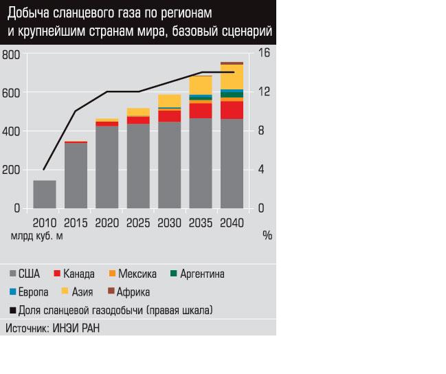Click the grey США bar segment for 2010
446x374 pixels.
[45, 194]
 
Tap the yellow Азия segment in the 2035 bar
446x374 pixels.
[201, 85]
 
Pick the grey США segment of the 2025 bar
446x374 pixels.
[138, 166]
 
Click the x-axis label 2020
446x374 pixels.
[107, 223]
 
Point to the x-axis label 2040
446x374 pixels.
[232, 223]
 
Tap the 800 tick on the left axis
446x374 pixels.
[11, 54]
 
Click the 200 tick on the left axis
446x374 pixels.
[11, 170]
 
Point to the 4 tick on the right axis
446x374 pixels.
[262, 170]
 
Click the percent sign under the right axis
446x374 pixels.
[267, 235]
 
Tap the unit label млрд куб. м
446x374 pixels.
[36, 236]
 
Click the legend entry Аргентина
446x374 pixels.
[202, 274]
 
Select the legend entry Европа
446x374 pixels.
[33, 291]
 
